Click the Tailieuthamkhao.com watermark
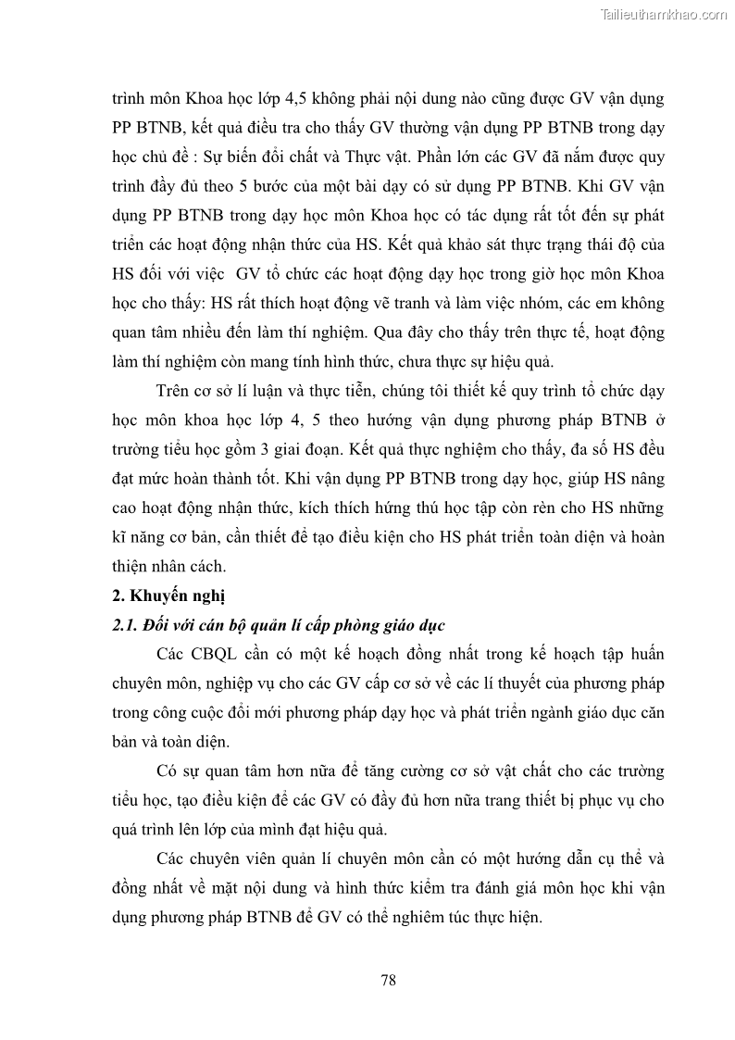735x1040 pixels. pyautogui.click(x=664, y=14)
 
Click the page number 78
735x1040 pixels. pyautogui.click(x=388, y=980)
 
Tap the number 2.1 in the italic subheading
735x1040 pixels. pyautogui.click(x=123, y=625)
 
